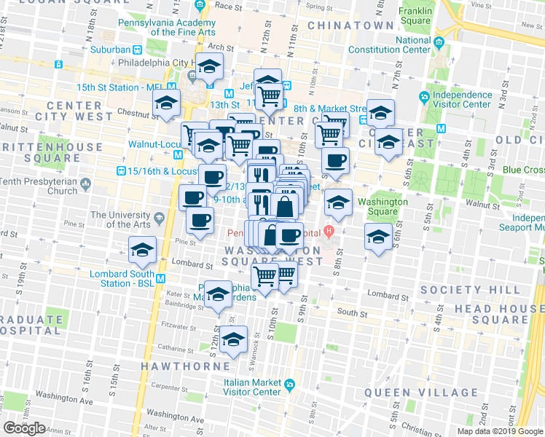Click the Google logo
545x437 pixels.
[x=25, y=428]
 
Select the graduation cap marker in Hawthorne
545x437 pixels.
[x=233, y=340]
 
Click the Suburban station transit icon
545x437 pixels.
[x=137, y=50]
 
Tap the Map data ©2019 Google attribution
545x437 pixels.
[x=501, y=431]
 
